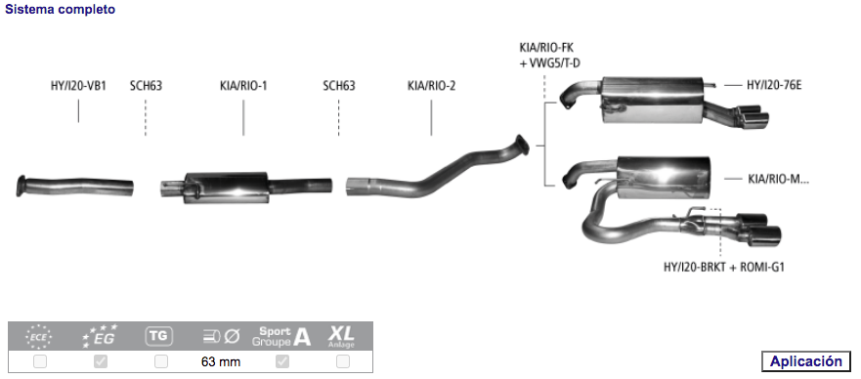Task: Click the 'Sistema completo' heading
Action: click(61, 10)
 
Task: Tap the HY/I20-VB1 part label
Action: click(78, 86)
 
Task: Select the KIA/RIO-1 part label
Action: click(243, 86)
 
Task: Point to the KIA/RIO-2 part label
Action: click(432, 86)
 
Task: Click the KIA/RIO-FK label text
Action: click(545, 47)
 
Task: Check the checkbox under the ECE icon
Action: click(40, 361)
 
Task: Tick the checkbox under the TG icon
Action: click(161, 361)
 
